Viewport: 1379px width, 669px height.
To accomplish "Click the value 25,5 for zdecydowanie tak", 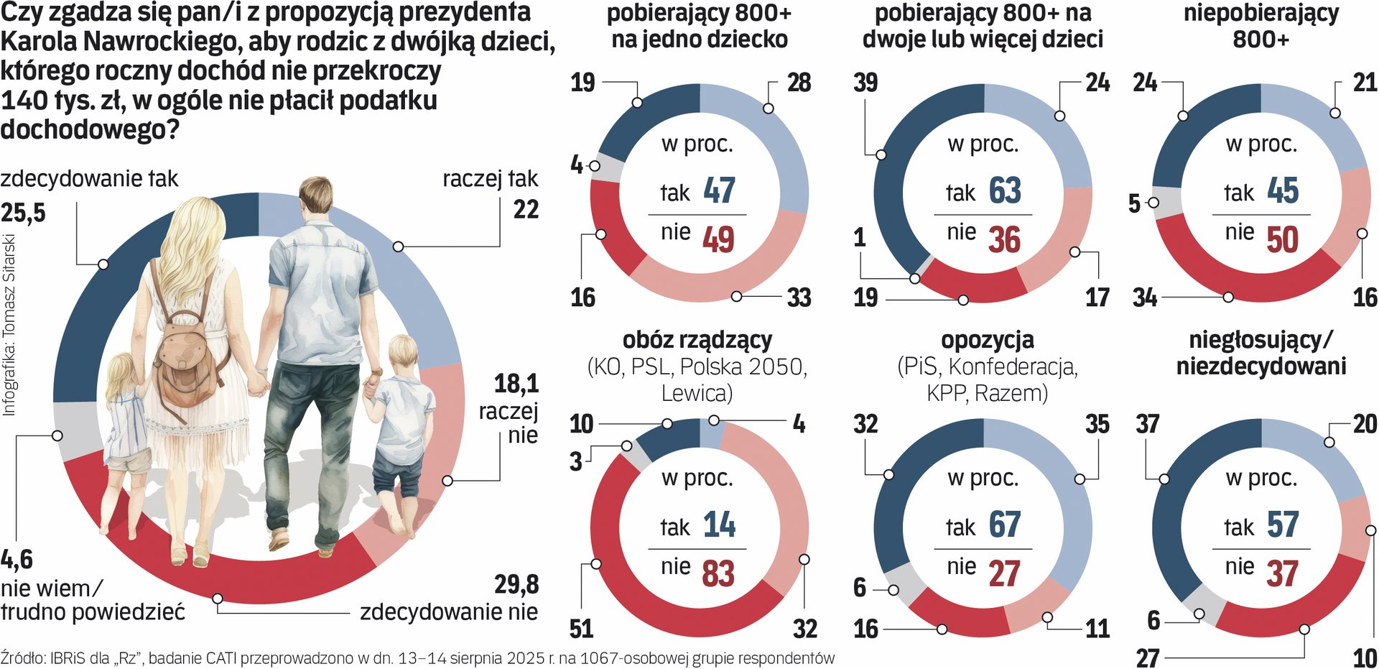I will [23, 213].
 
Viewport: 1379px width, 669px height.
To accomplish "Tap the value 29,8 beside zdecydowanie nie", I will [516, 585].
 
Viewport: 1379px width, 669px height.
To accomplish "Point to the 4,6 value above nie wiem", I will [17, 559].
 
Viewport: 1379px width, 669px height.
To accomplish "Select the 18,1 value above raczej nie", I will [516, 384].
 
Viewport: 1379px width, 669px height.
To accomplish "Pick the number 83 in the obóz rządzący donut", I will [718, 573].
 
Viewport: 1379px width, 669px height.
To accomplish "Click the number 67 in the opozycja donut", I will [1004, 525].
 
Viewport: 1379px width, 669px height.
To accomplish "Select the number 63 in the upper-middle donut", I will [1004, 190].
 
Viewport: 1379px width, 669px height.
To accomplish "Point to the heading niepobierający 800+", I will [1260, 25].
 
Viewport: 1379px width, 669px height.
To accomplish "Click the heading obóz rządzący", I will [697, 340].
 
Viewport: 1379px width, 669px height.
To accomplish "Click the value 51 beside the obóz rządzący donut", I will [581, 629].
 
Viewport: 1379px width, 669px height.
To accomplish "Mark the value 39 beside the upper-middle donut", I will [865, 83].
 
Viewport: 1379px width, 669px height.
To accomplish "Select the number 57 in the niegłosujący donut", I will [1283, 525].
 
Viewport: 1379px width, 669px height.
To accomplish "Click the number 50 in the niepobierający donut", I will [1283, 239].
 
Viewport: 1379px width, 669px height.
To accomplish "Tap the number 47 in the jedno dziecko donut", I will [719, 190].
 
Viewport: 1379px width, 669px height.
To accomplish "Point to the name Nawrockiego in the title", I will [165, 42].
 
